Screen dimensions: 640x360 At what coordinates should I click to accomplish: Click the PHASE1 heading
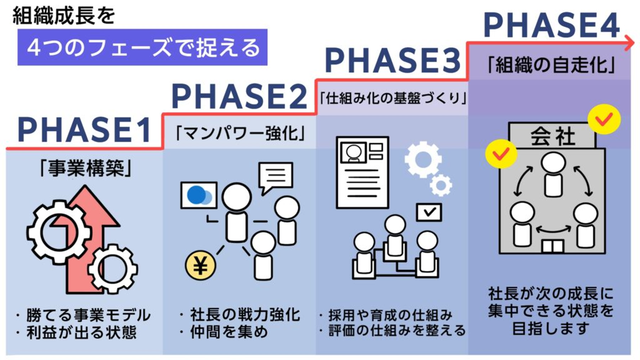tap(84, 130)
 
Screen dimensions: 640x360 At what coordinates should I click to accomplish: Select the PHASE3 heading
tap(393, 60)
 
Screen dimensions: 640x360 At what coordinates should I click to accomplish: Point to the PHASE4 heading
tap(552, 25)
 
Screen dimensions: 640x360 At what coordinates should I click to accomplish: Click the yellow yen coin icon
tap(200, 266)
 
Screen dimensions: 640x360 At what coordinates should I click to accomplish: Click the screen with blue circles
tap(199, 195)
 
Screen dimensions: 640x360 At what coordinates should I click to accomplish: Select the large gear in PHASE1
tap(60, 232)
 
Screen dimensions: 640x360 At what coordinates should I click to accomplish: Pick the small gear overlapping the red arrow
tap(112, 269)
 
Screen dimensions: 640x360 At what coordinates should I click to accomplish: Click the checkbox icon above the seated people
tap(429, 212)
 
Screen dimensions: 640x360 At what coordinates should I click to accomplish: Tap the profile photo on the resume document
tap(354, 152)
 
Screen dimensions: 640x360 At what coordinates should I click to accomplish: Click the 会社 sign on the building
tap(552, 136)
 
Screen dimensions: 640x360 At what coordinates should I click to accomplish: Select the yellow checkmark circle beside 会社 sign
tap(604, 120)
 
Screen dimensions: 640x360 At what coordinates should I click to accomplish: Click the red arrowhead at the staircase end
tap(630, 43)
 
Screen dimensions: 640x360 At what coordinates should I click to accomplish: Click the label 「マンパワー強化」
tap(240, 133)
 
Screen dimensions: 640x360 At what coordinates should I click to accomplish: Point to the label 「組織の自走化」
tap(551, 65)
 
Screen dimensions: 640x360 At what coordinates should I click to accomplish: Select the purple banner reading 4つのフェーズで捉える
tap(142, 47)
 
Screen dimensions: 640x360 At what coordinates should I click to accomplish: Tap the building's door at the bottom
tap(552, 247)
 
